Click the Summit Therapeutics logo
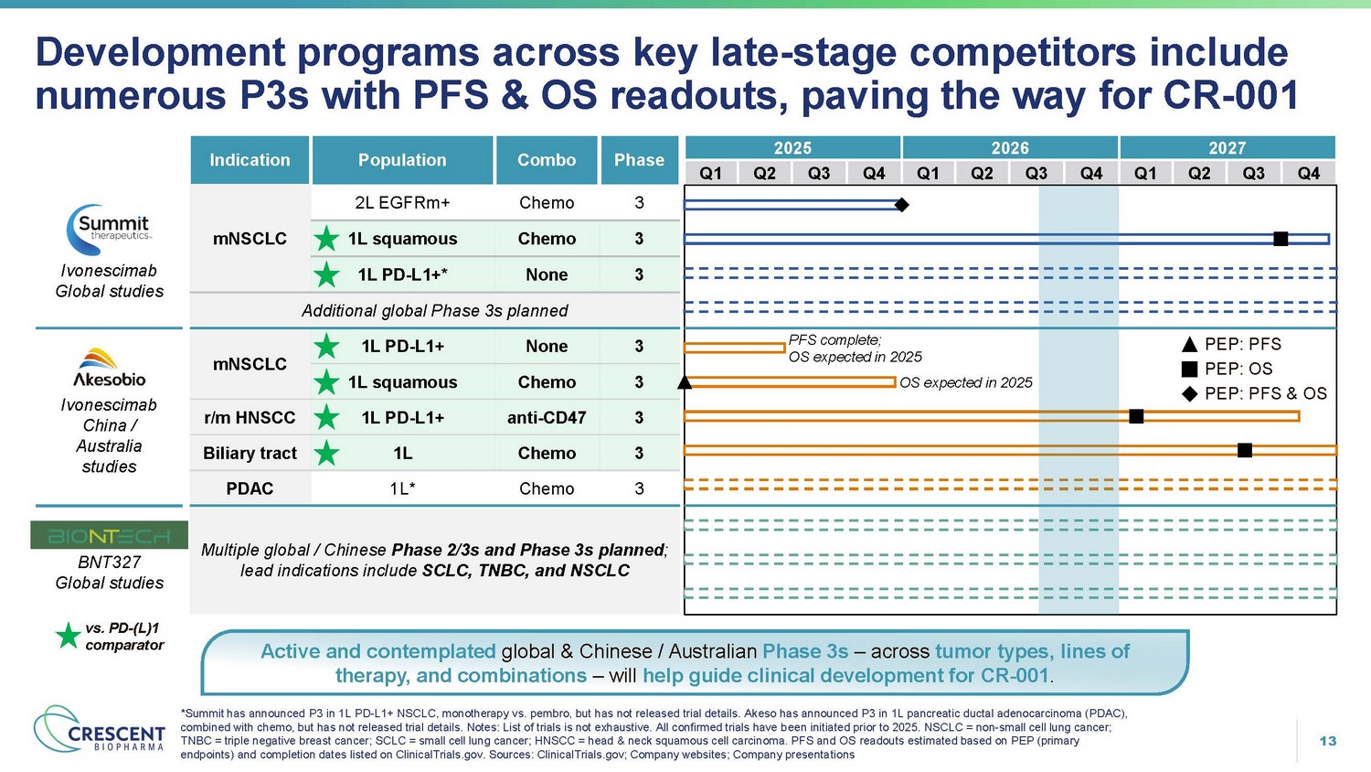(x=108, y=229)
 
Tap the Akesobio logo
(x=109, y=368)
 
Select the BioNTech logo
(x=109, y=535)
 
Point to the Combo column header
(x=547, y=160)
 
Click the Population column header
(x=402, y=160)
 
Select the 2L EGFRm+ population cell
(x=402, y=203)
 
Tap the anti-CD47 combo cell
(x=547, y=418)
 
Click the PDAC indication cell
(x=250, y=488)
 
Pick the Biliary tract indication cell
(x=250, y=454)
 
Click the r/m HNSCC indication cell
(x=250, y=418)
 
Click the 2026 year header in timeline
(x=1010, y=148)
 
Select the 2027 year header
(x=1227, y=148)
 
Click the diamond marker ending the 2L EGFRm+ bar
(x=901, y=205)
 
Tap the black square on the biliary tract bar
(x=1244, y=450)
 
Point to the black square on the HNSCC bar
(x=1136, y=416)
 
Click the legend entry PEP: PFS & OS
(x=1254, y=394)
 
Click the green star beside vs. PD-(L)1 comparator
(x=68, y=636)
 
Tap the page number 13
(x=1328, y=741)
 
